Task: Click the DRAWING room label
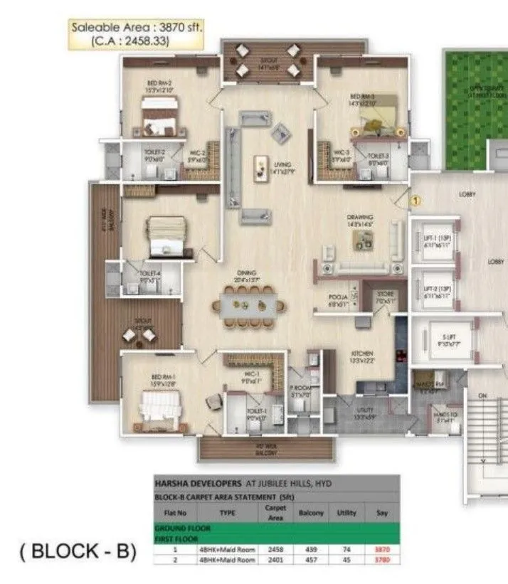[x=356, y=220]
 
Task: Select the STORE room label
[x=385, y=297]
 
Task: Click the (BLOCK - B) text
[x=69, y=551]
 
